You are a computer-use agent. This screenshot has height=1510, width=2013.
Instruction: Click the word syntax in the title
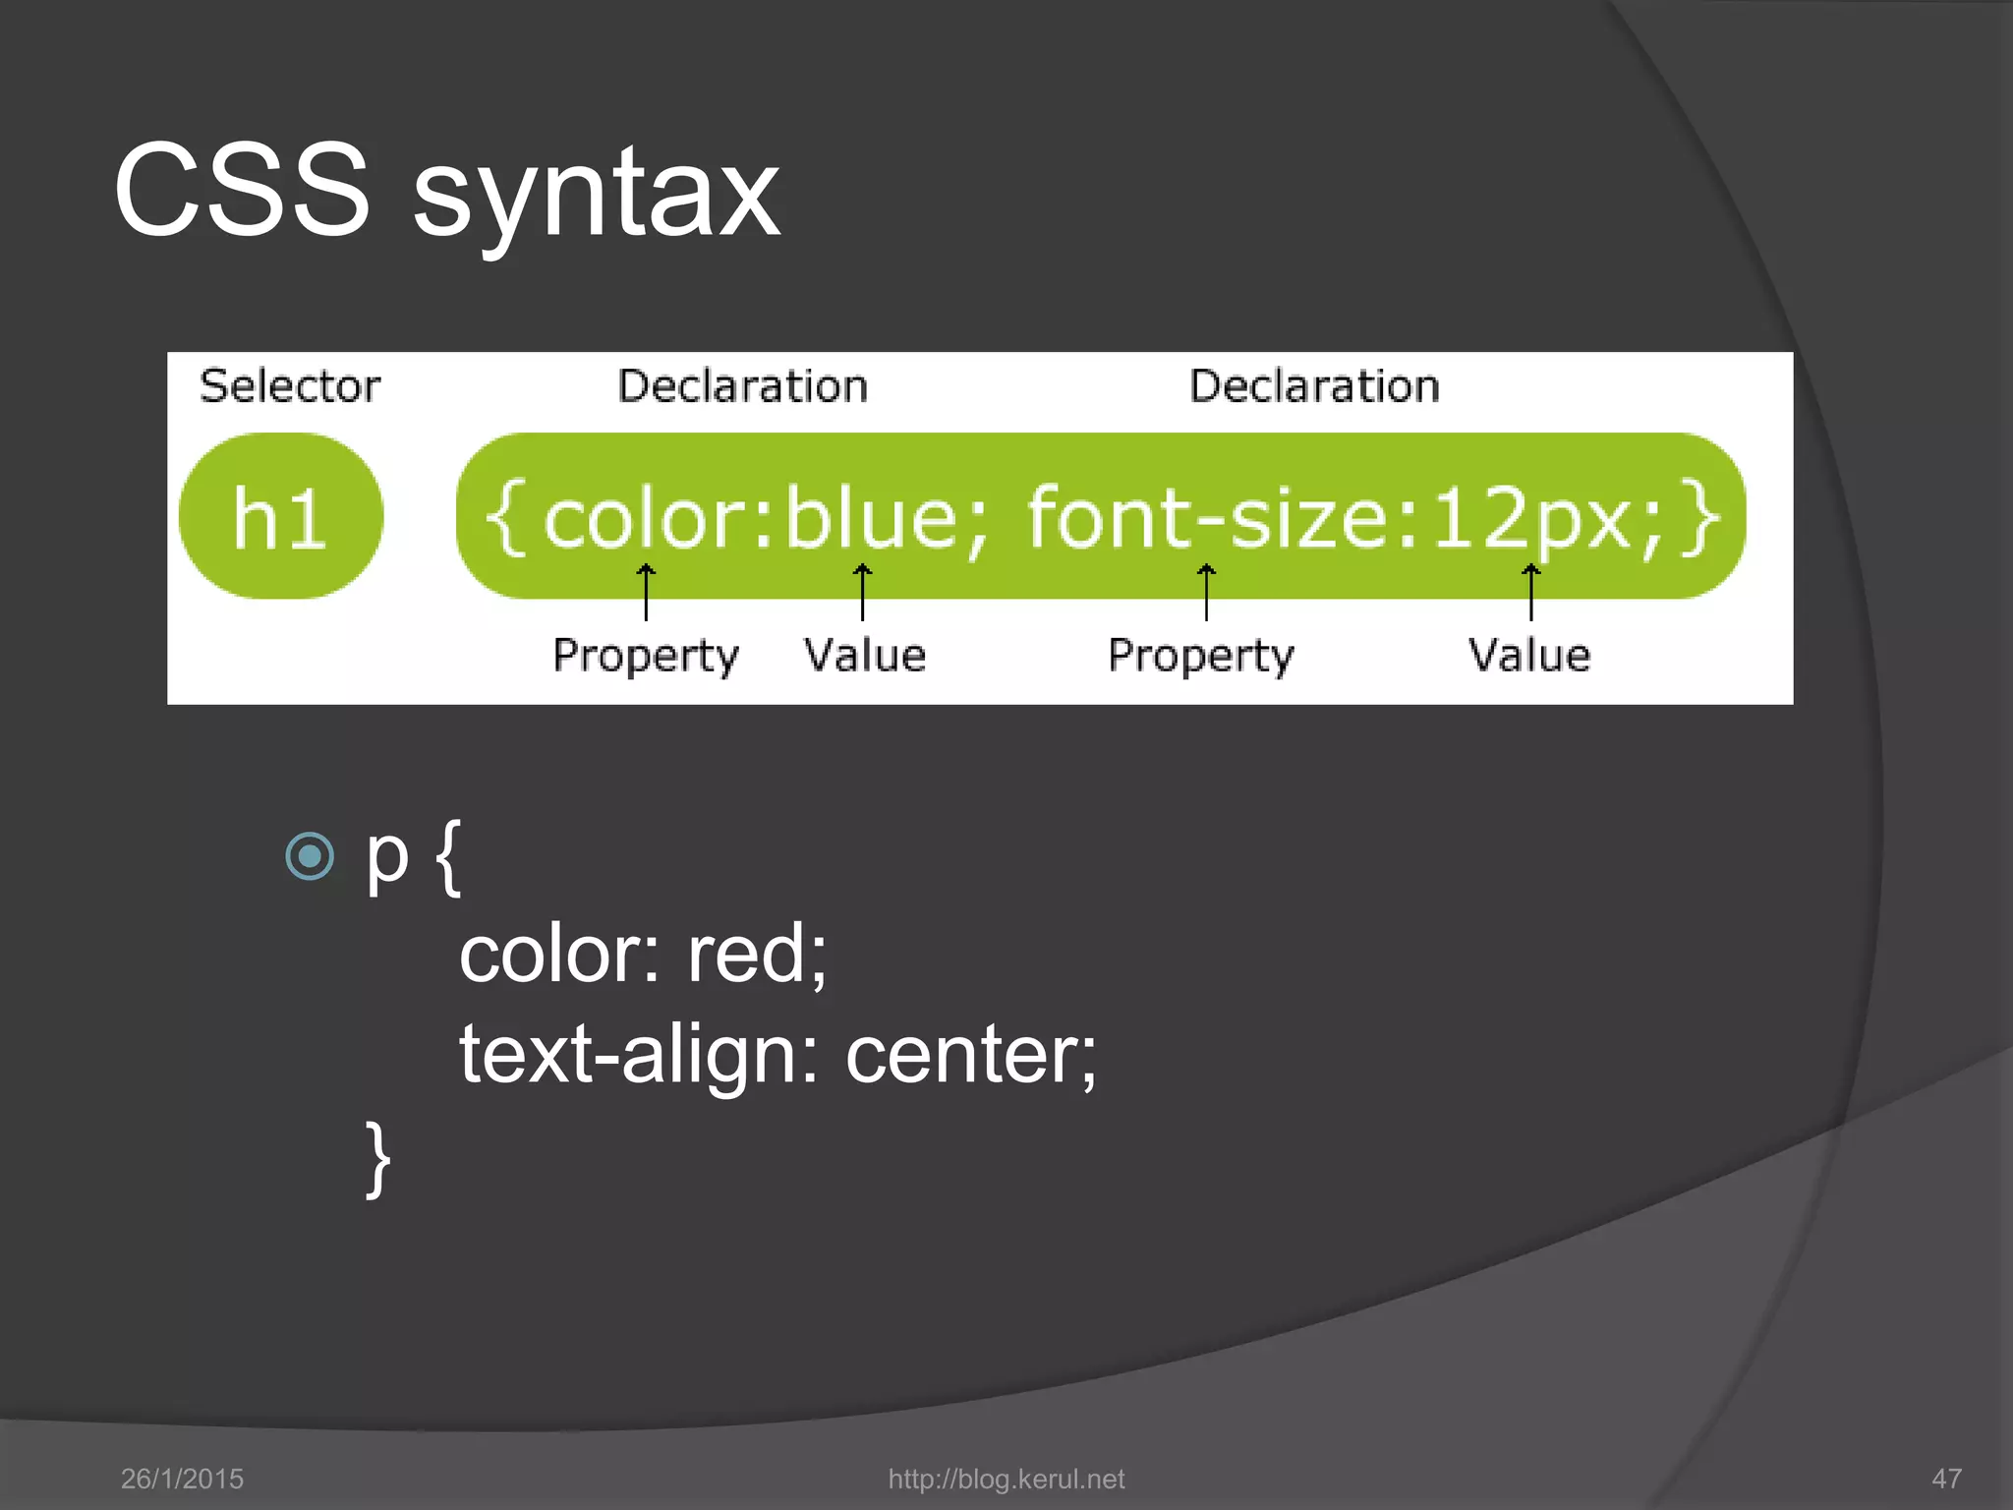coord(596,197)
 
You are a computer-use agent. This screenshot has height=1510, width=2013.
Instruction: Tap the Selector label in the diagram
coord(289,385)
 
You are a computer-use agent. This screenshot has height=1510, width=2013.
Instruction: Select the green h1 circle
coord(281,516)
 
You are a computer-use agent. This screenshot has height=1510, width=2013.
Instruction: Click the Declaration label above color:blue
coord(742,385)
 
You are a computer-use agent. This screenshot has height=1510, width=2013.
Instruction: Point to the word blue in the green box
coord(871,519)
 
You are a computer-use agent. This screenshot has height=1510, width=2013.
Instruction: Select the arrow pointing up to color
coord(646,592)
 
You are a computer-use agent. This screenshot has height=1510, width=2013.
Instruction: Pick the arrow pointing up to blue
coord(862,592)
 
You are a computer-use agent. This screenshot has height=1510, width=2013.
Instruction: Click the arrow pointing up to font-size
coord(1206,592)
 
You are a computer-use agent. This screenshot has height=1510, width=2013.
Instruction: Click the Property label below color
coord(645,656)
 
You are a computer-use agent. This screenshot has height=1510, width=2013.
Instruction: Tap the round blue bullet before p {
coord(310,855)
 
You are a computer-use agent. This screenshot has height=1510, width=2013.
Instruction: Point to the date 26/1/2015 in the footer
coord(182,1479)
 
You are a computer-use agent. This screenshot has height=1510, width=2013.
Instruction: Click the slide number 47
coord(1946,1479)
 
